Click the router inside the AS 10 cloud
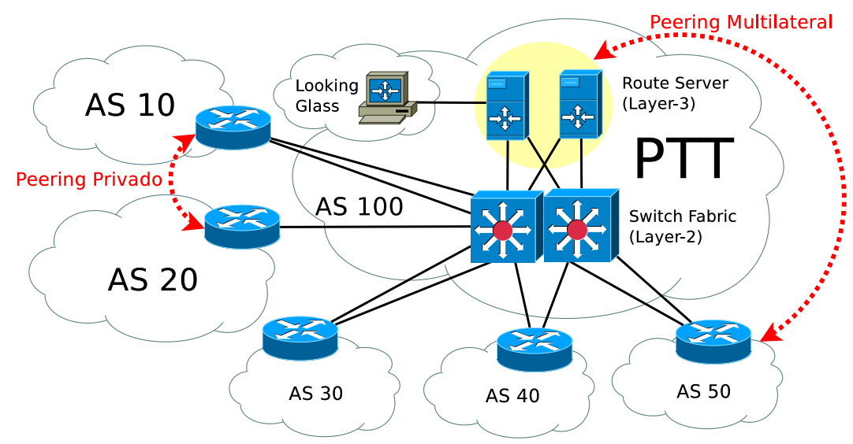233,127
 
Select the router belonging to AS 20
242,227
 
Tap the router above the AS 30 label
300,338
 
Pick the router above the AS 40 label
535,350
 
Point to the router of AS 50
713,341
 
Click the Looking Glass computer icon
386,98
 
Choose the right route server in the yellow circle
579,105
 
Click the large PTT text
684,160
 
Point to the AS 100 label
359,207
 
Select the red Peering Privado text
89,179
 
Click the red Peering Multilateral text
741,22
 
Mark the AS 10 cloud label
130,105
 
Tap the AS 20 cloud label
153,279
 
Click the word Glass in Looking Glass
317,106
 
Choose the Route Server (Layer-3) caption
675,93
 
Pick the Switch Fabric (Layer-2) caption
683,225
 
